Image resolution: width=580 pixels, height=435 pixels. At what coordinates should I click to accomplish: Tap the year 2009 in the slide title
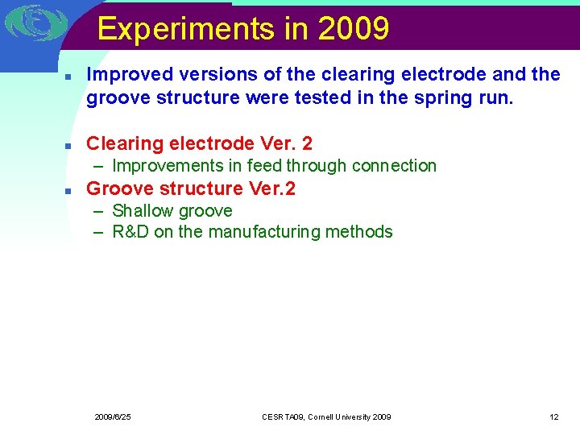click(354, 29)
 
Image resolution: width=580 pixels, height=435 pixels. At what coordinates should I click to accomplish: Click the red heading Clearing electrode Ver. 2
click(199, 143)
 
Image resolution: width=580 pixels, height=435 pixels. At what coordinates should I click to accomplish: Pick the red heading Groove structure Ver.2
click(190, 188)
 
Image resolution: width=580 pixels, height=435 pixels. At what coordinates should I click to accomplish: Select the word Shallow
click(143, 211)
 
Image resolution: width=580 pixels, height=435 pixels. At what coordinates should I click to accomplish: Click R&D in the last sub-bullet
click(129, 232)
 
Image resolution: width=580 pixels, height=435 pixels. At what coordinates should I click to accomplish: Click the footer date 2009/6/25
click(113, 416)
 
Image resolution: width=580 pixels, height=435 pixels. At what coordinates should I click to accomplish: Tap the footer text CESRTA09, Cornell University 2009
click(326, 416)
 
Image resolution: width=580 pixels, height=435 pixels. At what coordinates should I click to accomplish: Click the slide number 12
click(553, 416)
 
